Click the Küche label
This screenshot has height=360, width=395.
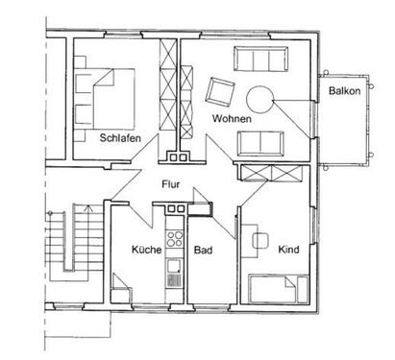click(x=145, y=250)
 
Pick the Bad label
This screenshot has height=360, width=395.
click(x=202, y=250)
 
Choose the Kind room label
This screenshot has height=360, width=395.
click(x=288, y=250)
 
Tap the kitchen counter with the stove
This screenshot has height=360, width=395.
click(x=173, y=255)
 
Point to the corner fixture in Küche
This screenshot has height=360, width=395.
click(x=122, y=287)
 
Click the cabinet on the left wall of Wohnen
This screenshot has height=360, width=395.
click(x=188, y=96)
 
